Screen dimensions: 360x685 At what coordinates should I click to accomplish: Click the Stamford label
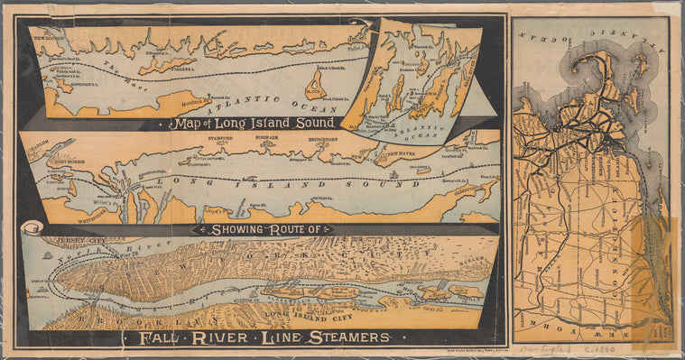232,141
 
